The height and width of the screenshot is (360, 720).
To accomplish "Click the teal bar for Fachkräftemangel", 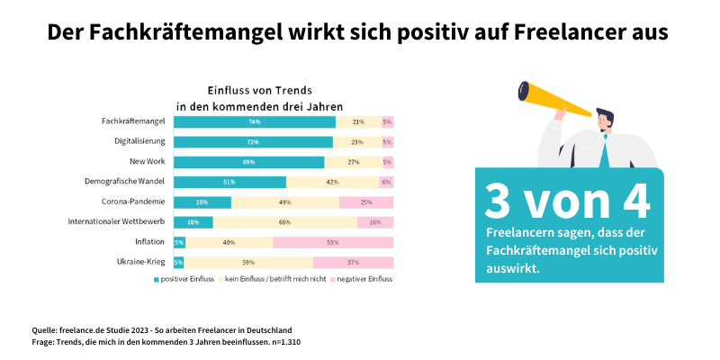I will [x=255, y=121].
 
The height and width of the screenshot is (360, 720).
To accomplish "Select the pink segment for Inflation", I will [x=333, y=242].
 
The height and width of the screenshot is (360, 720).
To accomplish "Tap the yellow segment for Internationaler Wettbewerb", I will [x=284, y=222].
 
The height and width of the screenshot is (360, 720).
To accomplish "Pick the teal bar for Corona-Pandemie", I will [x=202, y=202].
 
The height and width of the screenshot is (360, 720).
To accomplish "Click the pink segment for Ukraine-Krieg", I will [x=353, y=262].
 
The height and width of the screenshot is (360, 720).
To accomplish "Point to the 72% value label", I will [x=253, y=142].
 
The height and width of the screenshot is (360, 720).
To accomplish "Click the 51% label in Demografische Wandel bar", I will [x=229, y=182].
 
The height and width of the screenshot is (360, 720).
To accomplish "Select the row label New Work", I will [x=147, y=162].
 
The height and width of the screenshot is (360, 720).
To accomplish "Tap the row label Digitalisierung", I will [x=139, y=142].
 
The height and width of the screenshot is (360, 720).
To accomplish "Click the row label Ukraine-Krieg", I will [x=141, y=262].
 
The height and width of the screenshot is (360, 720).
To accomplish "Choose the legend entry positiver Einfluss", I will [x=188, y=279].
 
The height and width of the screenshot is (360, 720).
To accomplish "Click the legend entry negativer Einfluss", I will [x=367, y=279].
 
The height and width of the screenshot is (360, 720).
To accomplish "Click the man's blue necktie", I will [x=606, y=153].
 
